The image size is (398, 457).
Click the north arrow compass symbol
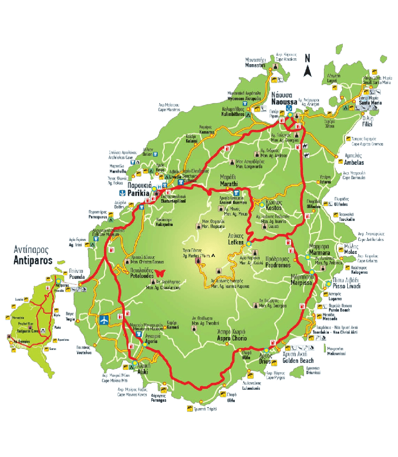click(x=307, y=66)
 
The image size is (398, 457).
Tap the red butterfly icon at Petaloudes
click(x=160, y=273)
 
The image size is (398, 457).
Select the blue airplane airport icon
click(x=105, y=319)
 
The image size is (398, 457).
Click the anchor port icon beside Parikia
click(x=121, y=192)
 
